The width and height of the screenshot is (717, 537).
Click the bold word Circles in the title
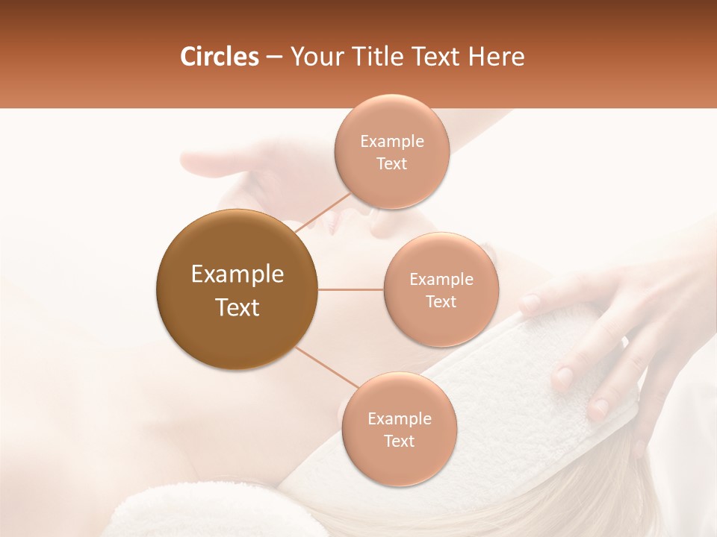coord(219,57)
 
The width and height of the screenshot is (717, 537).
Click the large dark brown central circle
coord(237,289)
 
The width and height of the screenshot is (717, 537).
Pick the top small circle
coord(391,151)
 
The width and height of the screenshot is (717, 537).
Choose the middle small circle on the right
coord(441,289)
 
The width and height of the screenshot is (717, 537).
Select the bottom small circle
coord(399,429)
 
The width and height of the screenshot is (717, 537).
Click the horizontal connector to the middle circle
coord(350,289)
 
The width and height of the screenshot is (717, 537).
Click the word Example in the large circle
coord(237,274)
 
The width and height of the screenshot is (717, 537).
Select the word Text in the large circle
coord(237,307)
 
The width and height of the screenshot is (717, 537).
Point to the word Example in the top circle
coord(391,141)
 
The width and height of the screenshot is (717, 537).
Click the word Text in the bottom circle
coord(399,441)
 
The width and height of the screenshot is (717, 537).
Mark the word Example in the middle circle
coord(441,279)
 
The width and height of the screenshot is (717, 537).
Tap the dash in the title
coord(274,57)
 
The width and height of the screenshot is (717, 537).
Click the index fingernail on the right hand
coord(530,303)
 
